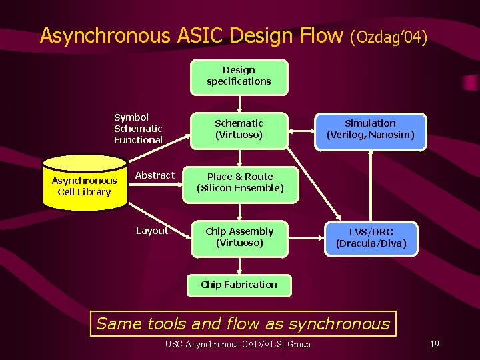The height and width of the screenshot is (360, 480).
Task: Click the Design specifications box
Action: (239, 76)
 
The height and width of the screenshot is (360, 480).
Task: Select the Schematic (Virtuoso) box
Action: (239, 129)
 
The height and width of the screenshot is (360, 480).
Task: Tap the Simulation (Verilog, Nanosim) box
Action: (370, 129)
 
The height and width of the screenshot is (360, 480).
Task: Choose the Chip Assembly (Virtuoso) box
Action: (239, 237)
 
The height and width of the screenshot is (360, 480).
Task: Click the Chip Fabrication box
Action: (239, 285)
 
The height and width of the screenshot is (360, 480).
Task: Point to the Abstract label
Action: (155, 175)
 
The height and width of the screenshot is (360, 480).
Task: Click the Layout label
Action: (152, 231)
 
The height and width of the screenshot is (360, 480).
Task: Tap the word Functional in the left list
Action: (138, 140)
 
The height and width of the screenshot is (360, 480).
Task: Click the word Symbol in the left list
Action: (131, 117)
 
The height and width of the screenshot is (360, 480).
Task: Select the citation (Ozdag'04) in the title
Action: (388, 37)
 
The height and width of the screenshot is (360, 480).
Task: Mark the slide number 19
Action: (434, 345)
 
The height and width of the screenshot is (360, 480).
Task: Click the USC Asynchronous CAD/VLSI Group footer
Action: (237, 345)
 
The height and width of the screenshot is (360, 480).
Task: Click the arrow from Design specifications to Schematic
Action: (239, 103)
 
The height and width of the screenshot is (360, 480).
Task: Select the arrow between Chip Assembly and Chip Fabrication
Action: (239, 265)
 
